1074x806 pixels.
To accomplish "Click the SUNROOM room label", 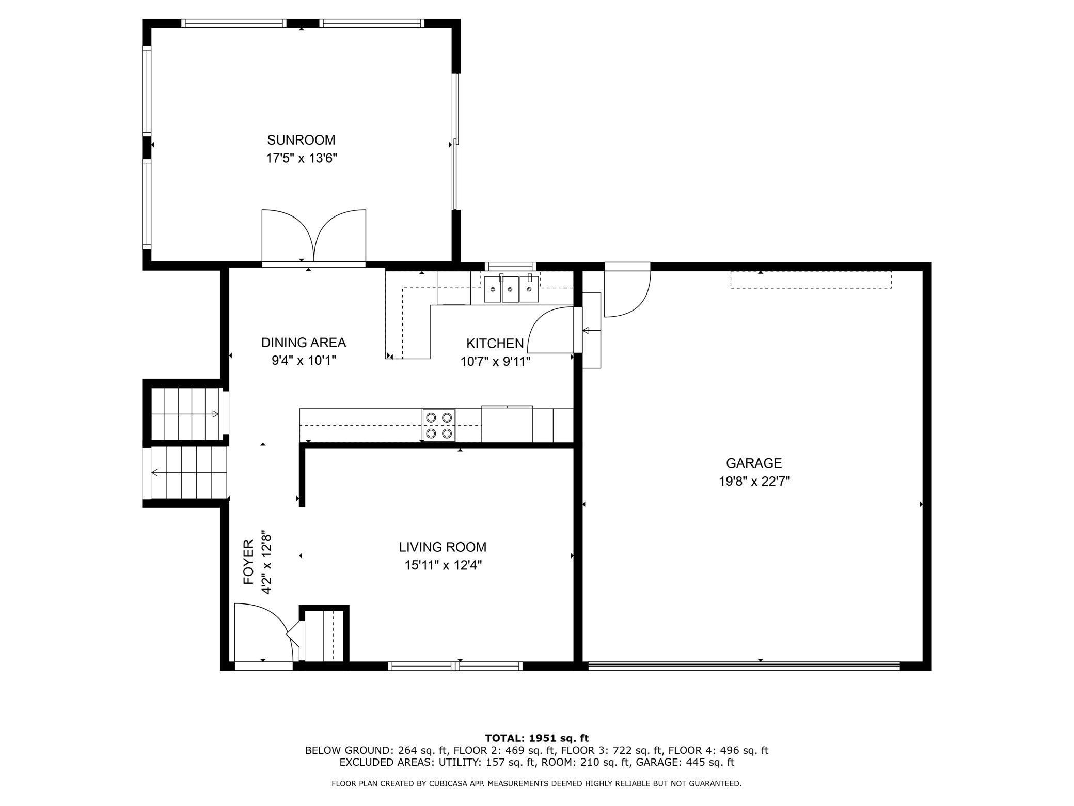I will tap(301, 140).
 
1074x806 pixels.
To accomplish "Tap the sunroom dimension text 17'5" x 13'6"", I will tap(301, 158).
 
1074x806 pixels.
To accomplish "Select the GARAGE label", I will tap(753, 463).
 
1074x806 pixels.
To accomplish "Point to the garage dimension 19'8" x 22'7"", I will tap(754, 482).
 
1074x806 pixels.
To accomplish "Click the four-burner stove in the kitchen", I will tap(439, 425).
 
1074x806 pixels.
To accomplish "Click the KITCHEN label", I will tap(495, 343).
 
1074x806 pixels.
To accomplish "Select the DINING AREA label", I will tap(303, 343).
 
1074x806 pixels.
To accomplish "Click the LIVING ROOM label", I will tap(443, 547).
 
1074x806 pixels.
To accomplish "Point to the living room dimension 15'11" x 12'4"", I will tap(443, 565).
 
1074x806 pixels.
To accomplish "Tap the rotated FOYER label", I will tap(249, 562).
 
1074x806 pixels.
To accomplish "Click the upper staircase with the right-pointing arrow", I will tap(186, 413).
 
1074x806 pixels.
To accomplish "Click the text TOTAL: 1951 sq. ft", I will tap(536, 738).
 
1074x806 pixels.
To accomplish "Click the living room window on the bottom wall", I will tap(455, 666).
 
